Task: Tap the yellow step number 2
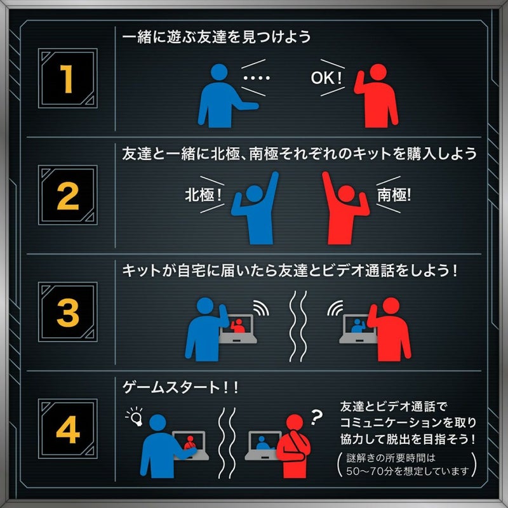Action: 68,196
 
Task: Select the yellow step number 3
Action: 68,312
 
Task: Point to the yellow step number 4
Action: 68,429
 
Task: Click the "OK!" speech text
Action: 326,77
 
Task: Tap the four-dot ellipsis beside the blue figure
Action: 257,77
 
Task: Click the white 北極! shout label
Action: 203,195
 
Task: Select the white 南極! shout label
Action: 394,195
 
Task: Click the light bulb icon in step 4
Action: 135,417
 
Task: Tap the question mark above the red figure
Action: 316,417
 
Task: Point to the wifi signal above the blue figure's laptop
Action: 261,308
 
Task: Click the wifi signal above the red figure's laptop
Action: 335,308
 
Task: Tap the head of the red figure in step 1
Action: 378,72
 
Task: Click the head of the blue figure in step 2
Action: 255,194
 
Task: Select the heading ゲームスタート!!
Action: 180,387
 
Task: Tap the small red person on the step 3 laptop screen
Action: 238,326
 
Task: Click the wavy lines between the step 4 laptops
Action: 227,443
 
